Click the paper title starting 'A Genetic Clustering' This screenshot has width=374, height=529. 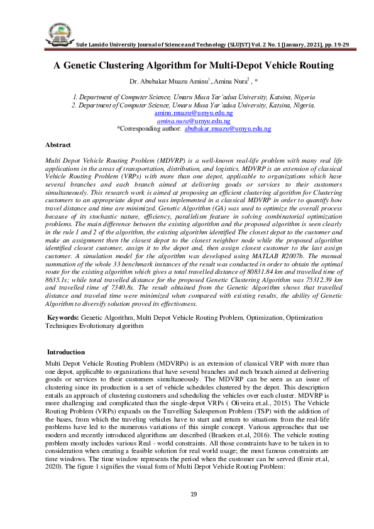coord(193,65)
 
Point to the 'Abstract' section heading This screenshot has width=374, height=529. coord(58,145)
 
